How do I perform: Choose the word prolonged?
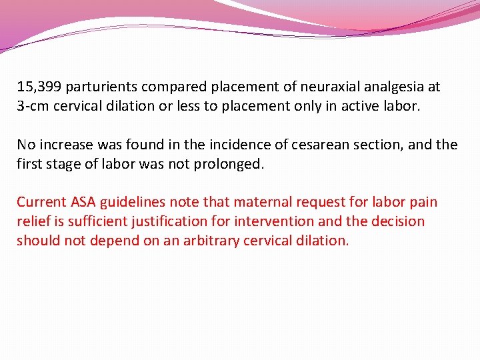[x=227, y=163]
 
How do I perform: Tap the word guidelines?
[x=133, y=202]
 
